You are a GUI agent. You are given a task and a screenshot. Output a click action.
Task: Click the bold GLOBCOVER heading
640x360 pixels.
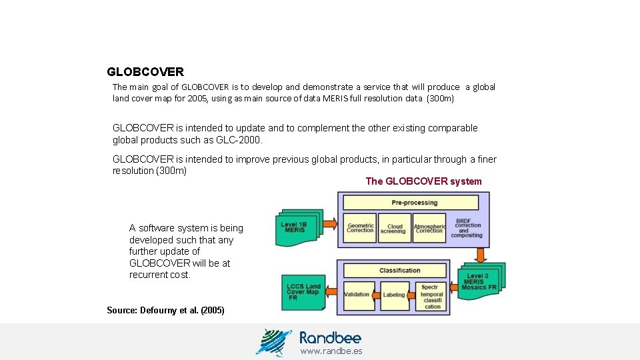point(145,71)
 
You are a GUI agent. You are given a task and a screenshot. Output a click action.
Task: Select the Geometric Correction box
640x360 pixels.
point(360,228)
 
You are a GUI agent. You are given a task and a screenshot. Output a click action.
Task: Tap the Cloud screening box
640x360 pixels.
point(394,228)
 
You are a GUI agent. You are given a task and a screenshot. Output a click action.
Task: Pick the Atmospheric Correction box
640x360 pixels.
point(429,228)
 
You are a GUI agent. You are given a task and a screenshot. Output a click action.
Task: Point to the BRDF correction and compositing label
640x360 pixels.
point(467,228)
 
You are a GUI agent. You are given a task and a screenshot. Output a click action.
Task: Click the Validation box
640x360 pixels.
point(357,295)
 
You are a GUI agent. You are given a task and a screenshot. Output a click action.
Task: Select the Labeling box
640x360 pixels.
point(394,295)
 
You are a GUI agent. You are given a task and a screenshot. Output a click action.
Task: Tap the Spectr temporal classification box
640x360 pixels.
point(432,297)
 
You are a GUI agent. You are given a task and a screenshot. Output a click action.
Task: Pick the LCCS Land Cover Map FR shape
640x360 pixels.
point(303,292)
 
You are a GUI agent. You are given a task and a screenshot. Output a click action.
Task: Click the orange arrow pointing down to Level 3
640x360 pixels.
point(480,254)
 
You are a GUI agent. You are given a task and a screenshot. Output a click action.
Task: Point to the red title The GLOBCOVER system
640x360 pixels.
point(423,181)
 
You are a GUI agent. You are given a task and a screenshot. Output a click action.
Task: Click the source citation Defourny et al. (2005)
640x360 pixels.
point(165,311)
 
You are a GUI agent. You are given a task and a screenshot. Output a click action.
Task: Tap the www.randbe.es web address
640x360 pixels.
point(331,351)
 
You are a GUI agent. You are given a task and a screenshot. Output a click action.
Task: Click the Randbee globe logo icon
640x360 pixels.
point(274,342)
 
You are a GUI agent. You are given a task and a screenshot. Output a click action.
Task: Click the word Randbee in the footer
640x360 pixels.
point(330,337)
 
